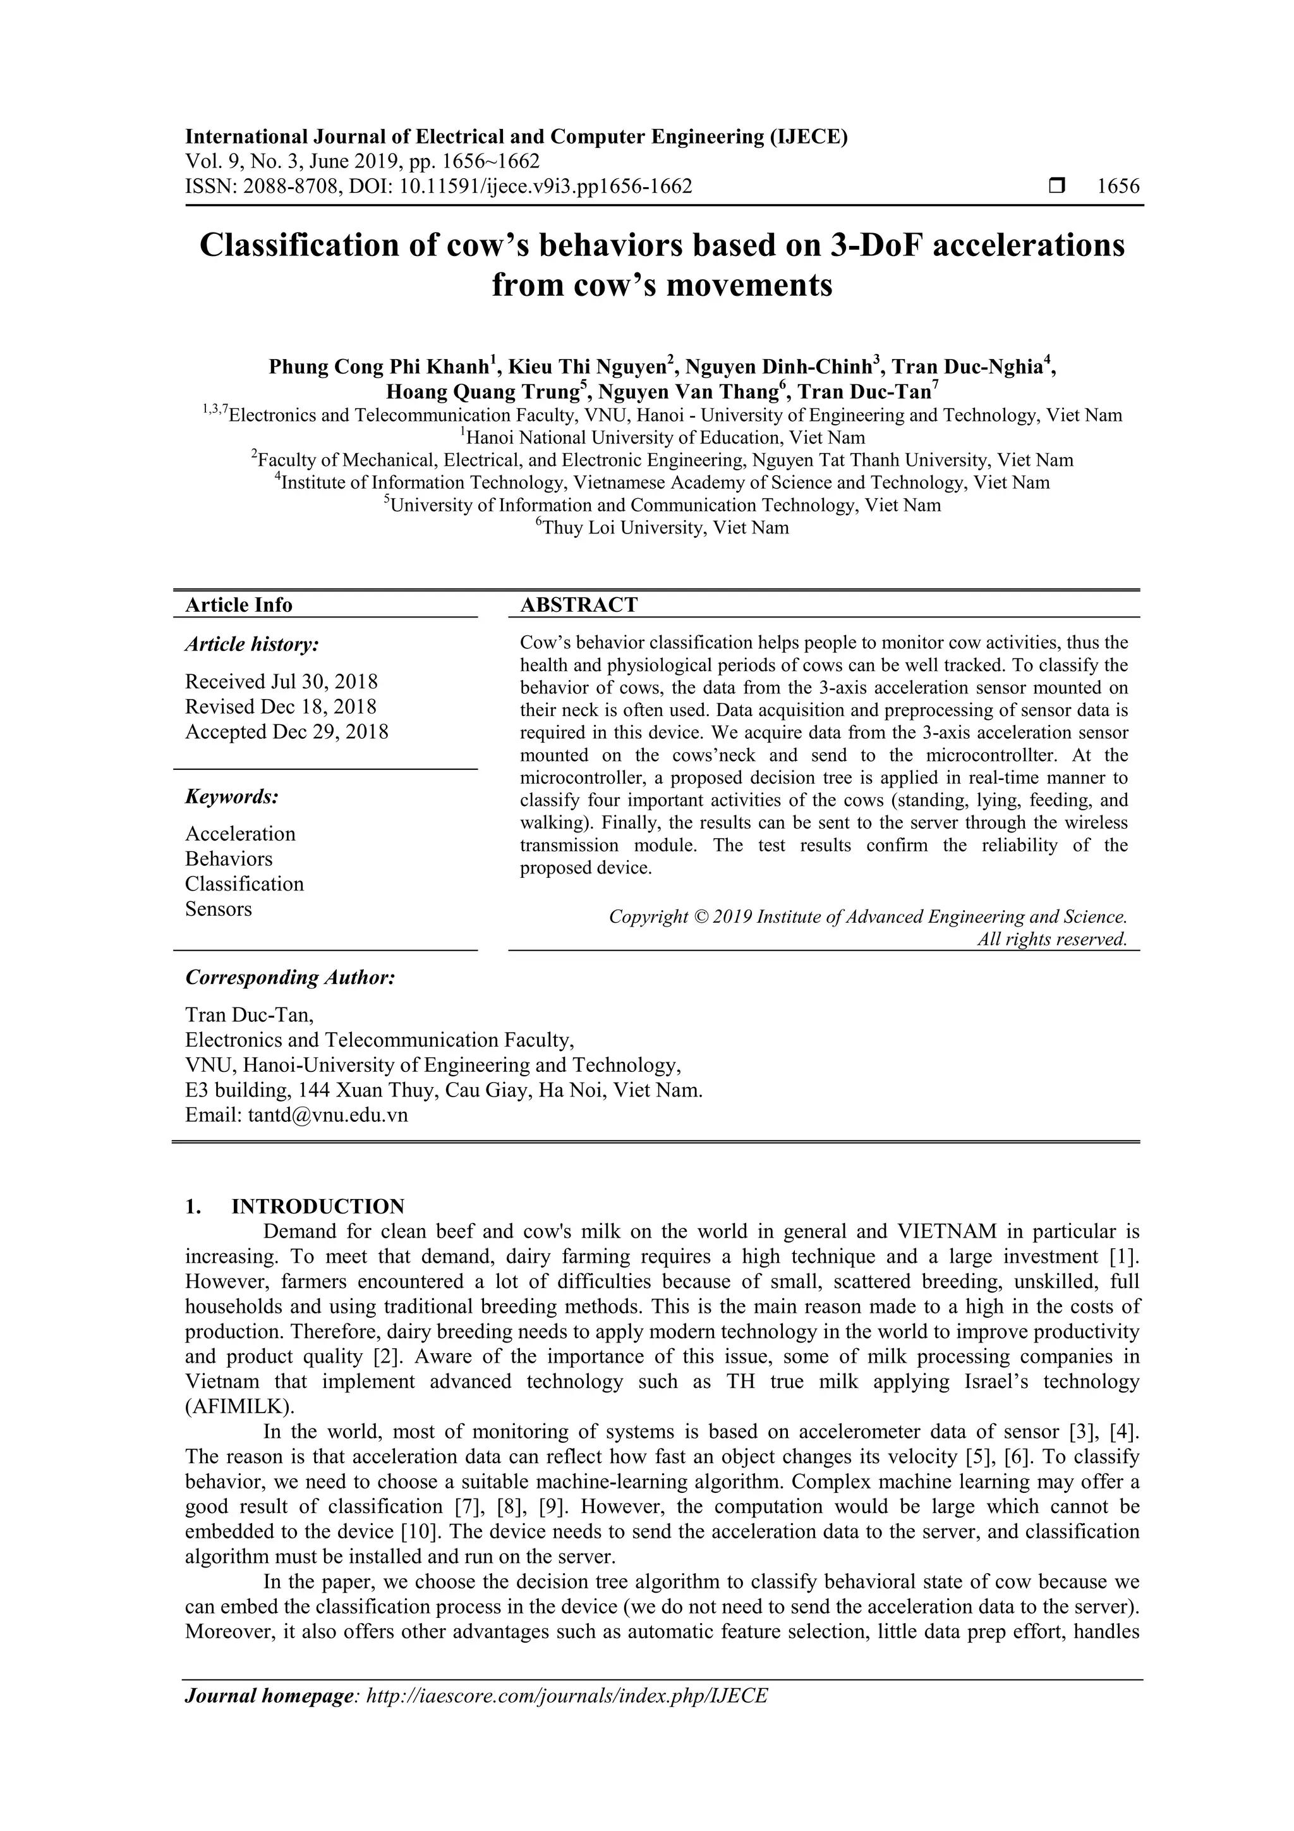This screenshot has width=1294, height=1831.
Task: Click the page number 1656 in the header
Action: click(1118, 186)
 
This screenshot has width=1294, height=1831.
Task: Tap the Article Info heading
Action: click(239, 605)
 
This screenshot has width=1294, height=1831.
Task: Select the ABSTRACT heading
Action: click(579, 605)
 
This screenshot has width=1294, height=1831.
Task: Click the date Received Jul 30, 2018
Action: click(281, 681)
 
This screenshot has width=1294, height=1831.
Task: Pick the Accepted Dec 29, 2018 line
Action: click(286, 731)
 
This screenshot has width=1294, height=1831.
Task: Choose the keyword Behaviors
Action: click(229, 859)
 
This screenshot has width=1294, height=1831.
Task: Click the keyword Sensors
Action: click(219, 909)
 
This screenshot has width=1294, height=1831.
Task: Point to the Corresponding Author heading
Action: click(290, 978)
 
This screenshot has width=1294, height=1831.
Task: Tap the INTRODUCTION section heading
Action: click(317, 1207)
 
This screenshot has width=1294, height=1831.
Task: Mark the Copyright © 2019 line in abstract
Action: click(868, 917)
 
